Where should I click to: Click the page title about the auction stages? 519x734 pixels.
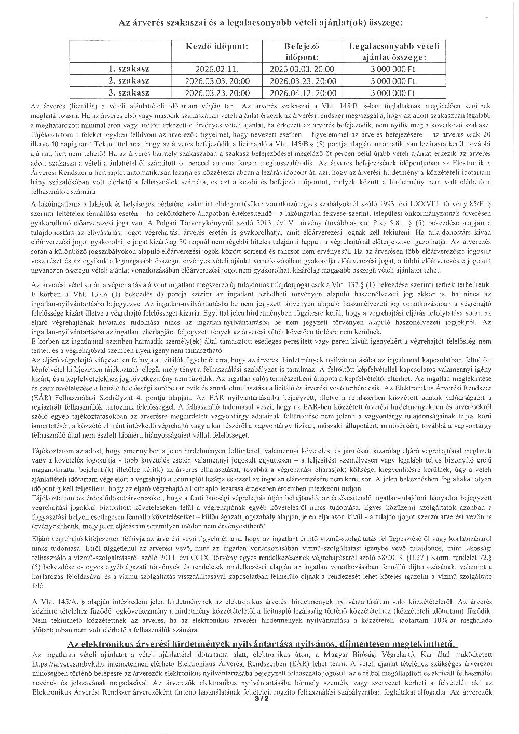(260, 23)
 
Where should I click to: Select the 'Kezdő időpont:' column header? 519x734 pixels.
(217, 47)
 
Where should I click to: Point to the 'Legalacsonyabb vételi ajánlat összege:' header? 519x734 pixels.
(394, 51)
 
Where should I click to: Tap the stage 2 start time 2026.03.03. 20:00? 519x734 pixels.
(217, 81)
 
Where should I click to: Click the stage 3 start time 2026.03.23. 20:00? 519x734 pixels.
(217, 94)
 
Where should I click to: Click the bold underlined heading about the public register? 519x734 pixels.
(263, 644)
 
